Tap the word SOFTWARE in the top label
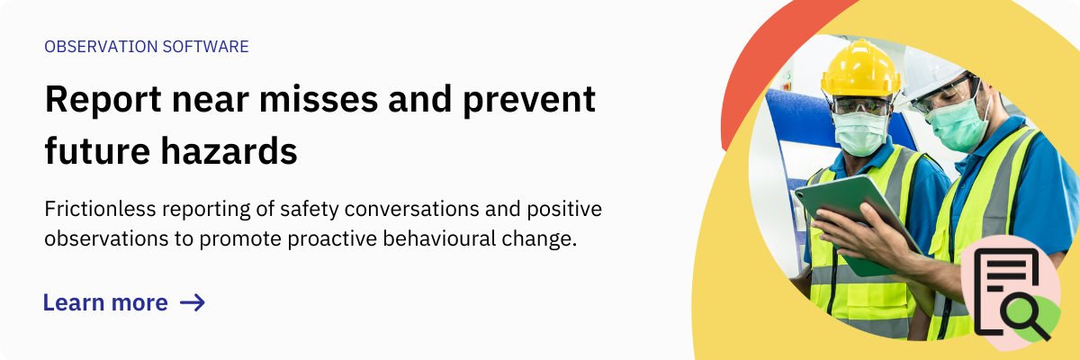[205, 47]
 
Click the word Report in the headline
[103, 100]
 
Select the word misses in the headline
[319, 99]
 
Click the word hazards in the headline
[229, 151]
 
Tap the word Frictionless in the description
[100, 209]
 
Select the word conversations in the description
[411, 209]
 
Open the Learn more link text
[105, 302]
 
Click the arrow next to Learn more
[193, 302]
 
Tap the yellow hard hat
[860, 68]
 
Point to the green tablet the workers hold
[856, 224]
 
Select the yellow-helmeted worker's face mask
[860, 133]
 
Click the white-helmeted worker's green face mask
[956, 124]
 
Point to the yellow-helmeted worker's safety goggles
[861, 105]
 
